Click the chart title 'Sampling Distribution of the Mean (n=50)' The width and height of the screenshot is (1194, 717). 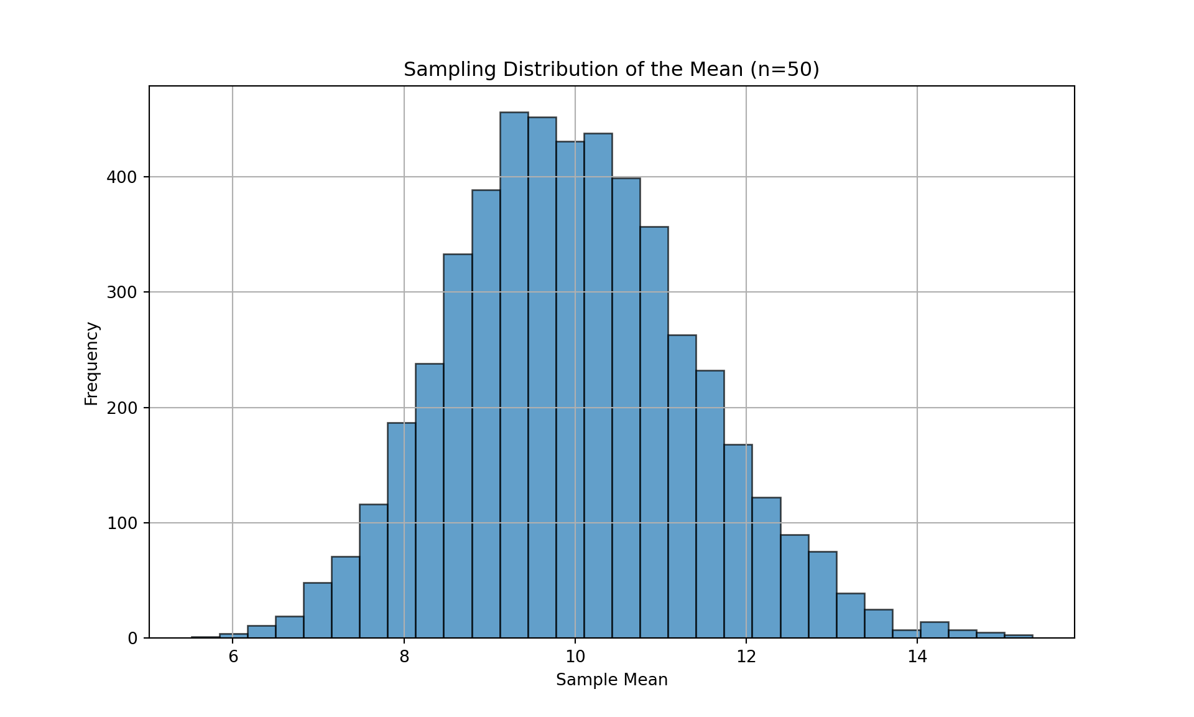[611, 69]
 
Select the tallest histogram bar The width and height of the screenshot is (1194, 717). [514, 373]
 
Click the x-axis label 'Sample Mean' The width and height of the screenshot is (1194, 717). [611, 680]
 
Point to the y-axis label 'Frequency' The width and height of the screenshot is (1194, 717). [91, 363]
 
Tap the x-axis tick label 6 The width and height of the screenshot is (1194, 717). [233, 657]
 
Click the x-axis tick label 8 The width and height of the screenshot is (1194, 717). [404, 657]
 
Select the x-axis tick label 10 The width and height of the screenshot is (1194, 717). [575, 657]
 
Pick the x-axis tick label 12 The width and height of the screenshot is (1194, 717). [746, 657]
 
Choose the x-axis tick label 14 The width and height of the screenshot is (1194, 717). [917, 657]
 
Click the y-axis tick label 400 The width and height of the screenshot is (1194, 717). [121, 177]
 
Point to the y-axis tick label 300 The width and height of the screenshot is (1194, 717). [121, 293]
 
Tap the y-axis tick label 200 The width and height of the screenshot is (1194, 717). [121, 408]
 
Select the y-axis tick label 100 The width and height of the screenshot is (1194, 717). [121, 523]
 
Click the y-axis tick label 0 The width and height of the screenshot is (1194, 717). [132, 639]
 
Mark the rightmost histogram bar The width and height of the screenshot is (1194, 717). [1018, 636]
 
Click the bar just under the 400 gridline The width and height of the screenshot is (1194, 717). [626, 405]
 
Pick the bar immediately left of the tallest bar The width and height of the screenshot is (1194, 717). [486, 411]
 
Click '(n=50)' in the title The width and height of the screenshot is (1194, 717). [785, 69]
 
